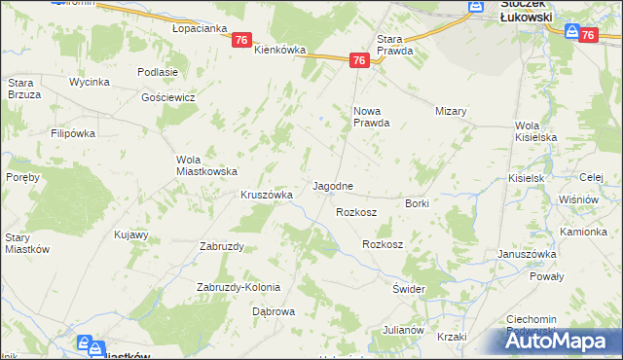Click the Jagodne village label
pyautogui.click(x=332, y=185)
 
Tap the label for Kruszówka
pyautogui.click(x=267, y=195)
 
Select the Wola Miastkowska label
pyautogui.click(x=206, y=165)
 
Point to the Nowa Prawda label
pyautogui.click(x=371, y=117)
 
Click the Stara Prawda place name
pyautogui.click(x=394, y=44)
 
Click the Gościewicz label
pyautogui.click(x=168, y=98)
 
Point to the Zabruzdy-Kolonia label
pyautogui.click(x=238, y=287)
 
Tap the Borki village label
pyautogui.click(x=417, y=203)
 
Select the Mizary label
pyautogui.click(x=452, y=111)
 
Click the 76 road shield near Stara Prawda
pyautogui.click(x=359, y=60)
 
